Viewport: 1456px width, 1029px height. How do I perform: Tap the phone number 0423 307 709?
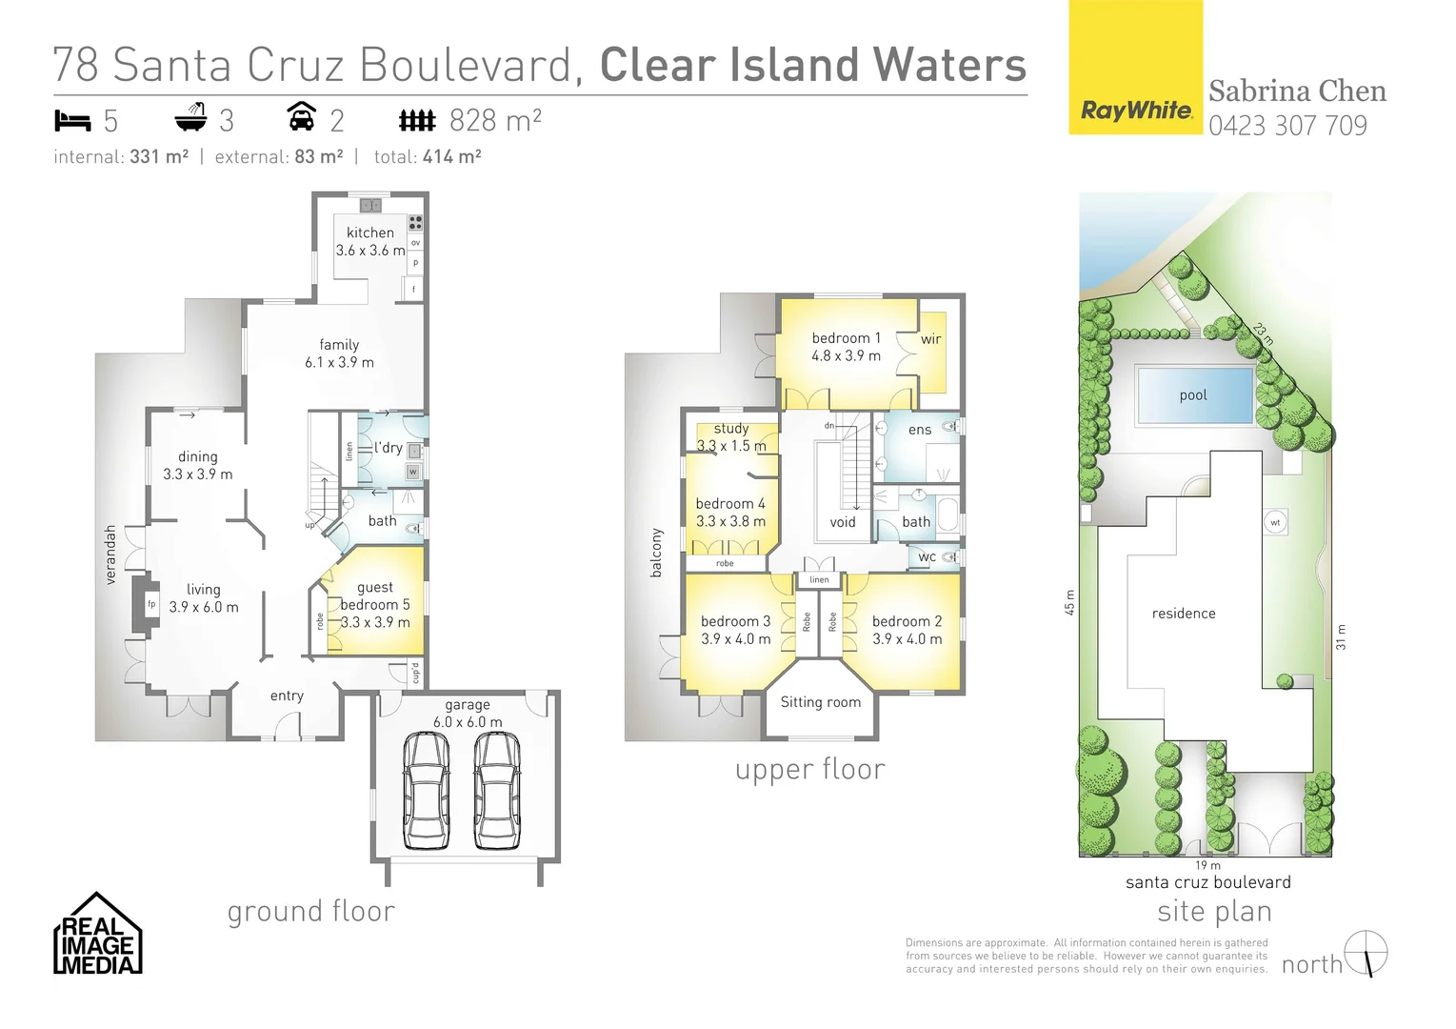click(1287, 126)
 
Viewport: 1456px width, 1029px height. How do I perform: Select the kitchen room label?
click(369, 232)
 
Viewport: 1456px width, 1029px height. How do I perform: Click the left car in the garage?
click(426, 790)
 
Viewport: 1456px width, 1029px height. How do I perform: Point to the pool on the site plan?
click(1194, 394)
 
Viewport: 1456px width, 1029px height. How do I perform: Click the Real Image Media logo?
click(97, 935)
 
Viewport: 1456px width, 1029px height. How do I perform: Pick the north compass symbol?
click(1366, 953)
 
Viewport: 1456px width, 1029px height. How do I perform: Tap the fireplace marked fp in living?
click(150, 604)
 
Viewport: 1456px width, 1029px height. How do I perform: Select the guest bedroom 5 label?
click(374, 596)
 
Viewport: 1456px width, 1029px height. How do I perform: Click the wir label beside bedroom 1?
click(930, 339)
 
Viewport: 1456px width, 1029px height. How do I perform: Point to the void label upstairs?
click(842, 522)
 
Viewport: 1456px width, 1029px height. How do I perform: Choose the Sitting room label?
click(820, 702)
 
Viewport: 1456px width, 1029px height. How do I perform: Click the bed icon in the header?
click(72, 121)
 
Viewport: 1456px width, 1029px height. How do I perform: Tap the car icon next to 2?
click(302, 117)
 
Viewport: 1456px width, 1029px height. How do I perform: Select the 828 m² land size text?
click(494, 121)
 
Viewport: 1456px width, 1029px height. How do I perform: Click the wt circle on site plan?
click(1275, 522)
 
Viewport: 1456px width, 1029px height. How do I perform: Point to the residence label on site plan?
click(1184, 614)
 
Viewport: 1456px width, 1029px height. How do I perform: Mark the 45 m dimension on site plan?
click(1069, 601)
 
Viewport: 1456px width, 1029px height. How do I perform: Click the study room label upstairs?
click(730, 429)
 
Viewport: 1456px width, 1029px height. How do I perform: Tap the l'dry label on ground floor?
click(388, 448)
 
